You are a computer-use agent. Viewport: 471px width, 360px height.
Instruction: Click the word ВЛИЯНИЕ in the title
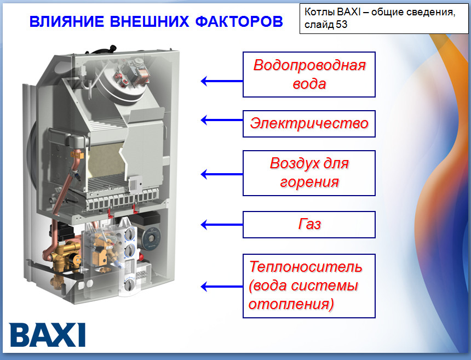pos(67,21)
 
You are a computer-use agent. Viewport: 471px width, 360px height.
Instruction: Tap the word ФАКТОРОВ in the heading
pos(239,21)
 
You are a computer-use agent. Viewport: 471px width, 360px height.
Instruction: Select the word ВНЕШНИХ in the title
pos(150,21)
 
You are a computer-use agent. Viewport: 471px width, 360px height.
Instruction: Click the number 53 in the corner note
pos(342,24)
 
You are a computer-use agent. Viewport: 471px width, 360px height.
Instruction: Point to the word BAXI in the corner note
pos(348,12)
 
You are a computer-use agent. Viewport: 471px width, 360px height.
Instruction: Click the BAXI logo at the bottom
pos(48,335)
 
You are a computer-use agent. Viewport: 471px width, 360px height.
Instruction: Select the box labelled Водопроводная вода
pos(309,75)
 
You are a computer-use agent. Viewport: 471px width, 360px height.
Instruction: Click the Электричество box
pos(309,124)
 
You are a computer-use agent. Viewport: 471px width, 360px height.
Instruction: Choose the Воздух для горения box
pos(309,173)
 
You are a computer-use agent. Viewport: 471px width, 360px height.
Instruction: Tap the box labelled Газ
pos(309,225)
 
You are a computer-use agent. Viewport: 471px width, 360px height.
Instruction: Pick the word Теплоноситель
pos(306,266)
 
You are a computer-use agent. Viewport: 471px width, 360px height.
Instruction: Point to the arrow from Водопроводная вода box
pos(222,81)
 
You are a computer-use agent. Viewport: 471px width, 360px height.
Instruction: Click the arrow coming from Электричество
pos(222,120)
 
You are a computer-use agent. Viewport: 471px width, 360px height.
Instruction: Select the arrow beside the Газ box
pos(222,225)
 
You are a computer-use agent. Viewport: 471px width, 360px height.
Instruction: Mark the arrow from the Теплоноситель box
pos(222,287)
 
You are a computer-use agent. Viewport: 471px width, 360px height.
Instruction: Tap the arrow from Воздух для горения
pos(222,174)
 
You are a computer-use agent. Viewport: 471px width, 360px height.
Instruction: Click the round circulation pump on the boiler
pos(151,237)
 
